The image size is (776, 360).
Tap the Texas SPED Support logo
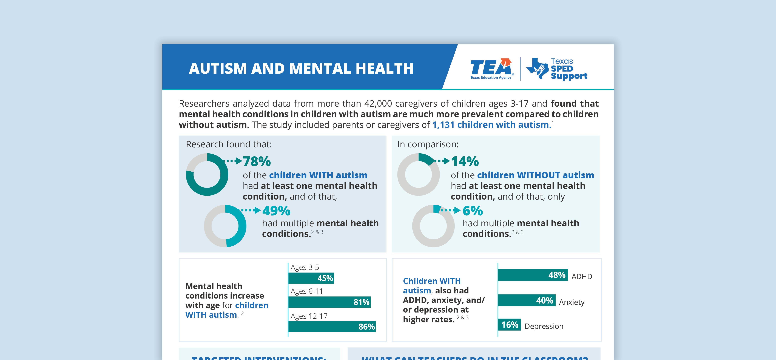pos(557,69)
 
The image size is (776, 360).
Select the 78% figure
pos(257,161)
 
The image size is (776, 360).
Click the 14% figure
pos(465,161)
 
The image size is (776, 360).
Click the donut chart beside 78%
pos(207,174)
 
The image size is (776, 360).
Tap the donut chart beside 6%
pos(433,226)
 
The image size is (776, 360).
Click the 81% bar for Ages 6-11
pos(329,302)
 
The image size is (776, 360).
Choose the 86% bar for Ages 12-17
pos(332,327)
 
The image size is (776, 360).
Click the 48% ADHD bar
pos(533,275)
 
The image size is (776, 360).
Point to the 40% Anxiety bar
pos(527,300)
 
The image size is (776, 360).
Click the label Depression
pos(544,326)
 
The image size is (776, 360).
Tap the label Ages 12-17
pos(309,316)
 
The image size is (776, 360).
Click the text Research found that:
pos(229,144)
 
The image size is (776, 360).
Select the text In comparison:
pos(428,144)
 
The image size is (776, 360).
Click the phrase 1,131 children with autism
pos(492,125)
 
